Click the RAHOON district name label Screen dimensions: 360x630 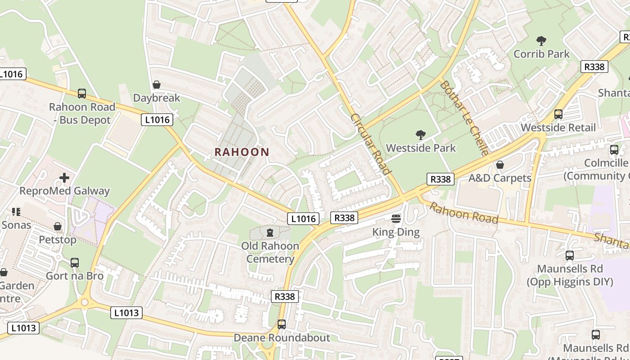pyautogui.click(x=242, y=152)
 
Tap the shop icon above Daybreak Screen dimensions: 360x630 pyautogui.click(x=157, y=85)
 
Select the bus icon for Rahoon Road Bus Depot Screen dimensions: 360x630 pyautogui.click(x=81, y=94)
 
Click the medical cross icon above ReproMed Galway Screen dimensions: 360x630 pyautogui.click(x=64, y=178)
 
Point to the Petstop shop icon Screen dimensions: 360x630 pyautogui.click(x=58, y=226)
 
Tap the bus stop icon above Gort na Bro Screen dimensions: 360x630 pyautogui.click(x=75, y=262)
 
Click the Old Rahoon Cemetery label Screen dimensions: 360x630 pyautogui.click(x=270, y=252)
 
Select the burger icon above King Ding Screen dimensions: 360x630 pyautogui.click(x=396, y=219)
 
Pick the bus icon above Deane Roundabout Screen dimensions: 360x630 pyautogui.click(x=282, y=324)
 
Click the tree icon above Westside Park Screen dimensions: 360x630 pyautogui.click(x=421, y=135)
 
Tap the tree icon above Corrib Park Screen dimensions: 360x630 pyautogui.click(x=541, y=41)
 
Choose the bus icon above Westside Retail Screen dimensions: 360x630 pyautogui.click(x=558, y=114)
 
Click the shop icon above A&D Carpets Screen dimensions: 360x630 pyautogui.click(x=499, y=165)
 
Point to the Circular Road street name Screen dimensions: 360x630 pyautogui.click(x=370, y=144)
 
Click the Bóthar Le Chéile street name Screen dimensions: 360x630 pyautogui.click(x=464, y=118)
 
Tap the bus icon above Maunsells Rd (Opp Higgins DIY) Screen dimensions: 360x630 pyautogui.click(x=570, y=256)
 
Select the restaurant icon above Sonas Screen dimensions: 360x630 pyautogui.click(x=16, y=211)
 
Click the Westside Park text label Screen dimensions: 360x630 pyautogui.click(x=421, y=148)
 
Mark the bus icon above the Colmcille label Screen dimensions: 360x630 pyautogui.click(x=614, y=150)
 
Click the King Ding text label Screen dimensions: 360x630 pyautogui.click(x=396, y=232)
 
